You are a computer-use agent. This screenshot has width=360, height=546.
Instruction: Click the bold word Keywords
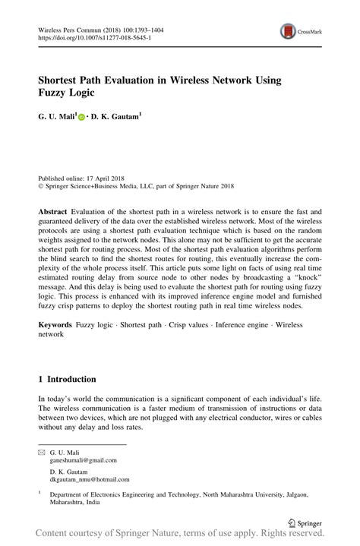pyautogui.click(x=55, y=325)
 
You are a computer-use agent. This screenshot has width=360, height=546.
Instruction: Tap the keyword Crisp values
pyautogui.click(x=191, y=325)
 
